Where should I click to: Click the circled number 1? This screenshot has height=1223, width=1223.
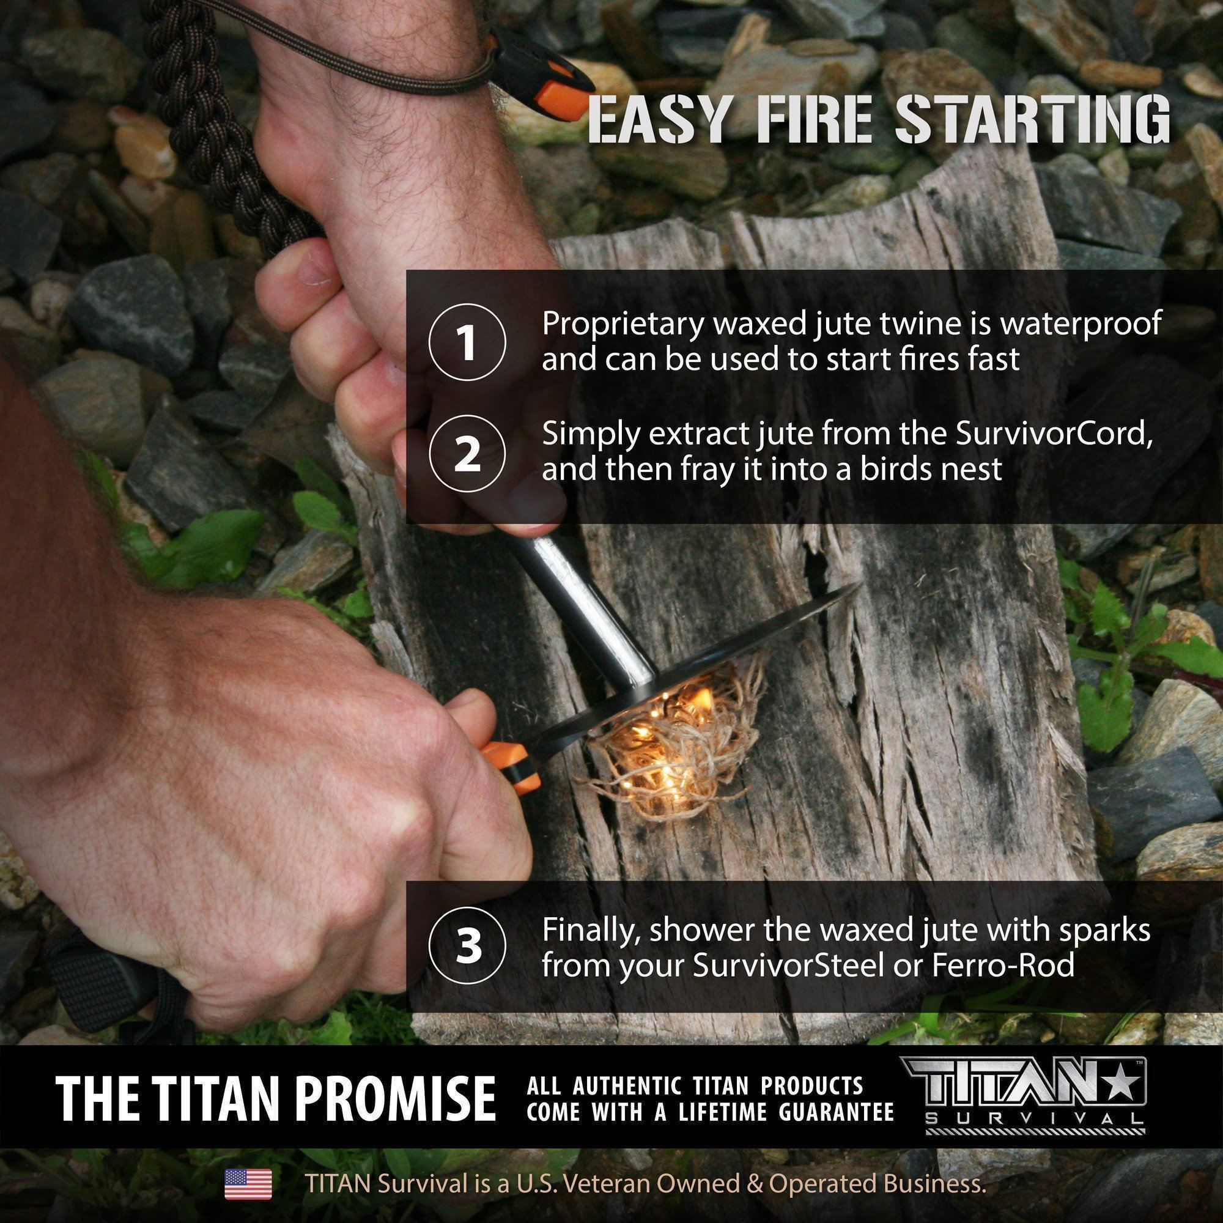tap(467, 344)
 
